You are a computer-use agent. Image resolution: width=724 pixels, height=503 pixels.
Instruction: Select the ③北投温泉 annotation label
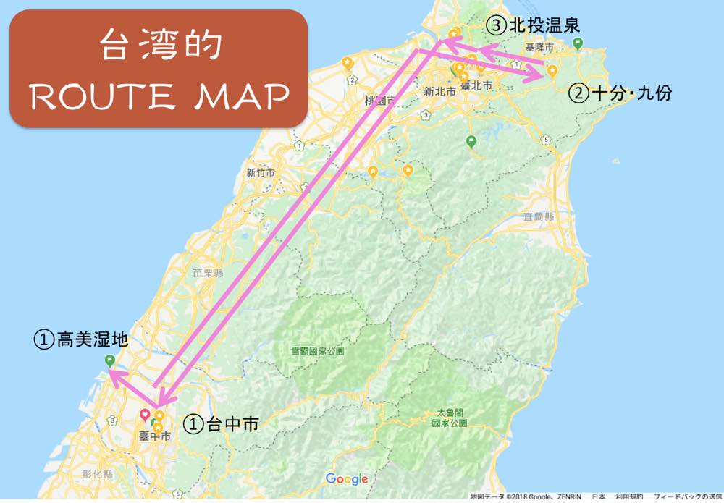533,25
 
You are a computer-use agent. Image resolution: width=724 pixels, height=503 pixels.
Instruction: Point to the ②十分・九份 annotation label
620,93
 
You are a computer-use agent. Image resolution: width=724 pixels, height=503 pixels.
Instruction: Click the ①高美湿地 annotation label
81,339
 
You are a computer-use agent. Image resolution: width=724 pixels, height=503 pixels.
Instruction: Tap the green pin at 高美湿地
109,360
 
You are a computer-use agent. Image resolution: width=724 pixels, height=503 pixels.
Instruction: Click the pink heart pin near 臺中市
144,414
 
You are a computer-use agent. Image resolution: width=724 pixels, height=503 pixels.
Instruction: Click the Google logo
347,479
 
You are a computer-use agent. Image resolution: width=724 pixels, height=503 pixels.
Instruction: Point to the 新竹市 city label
261,172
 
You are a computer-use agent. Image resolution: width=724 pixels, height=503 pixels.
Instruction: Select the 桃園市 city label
380,99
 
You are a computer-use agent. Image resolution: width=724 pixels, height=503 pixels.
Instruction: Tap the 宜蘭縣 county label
539,216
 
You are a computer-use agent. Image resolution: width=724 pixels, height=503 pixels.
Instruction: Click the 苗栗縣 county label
208,273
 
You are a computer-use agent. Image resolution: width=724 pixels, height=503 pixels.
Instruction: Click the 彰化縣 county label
98,474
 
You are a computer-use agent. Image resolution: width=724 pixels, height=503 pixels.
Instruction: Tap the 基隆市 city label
539,46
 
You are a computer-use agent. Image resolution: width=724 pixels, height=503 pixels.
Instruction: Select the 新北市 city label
439,92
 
